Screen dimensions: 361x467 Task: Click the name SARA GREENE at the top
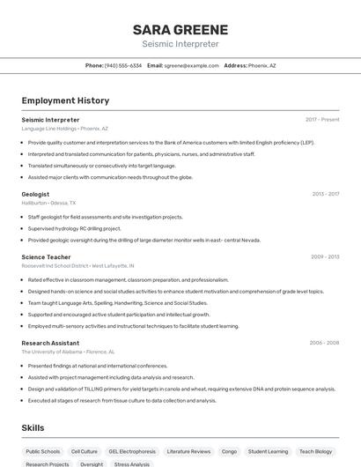pyautogui.click(x=180, y=29)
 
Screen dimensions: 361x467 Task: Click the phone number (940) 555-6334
pyautogui.click(x=122, y=65)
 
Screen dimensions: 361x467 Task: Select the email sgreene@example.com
pyautogui.click(x=190, y=65)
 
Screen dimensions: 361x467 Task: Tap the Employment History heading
pyautogui.click(x=65, y=100)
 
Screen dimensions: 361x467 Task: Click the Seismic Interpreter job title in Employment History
pyautogui.click(x=50, y=119)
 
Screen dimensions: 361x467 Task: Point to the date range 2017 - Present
pyautogui.click(x=322, y=119)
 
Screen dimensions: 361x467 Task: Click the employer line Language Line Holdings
pyautogui.click(x=48, y=128)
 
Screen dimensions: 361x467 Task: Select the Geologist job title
pyautogui.click(x=35, y=194)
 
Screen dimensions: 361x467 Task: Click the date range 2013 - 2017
pyautogui.click(x=325, y=194)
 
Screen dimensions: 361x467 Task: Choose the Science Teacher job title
pyautogui.click(x=46, y=256)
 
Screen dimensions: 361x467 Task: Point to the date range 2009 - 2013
pyautogui.click(x=325, y=256)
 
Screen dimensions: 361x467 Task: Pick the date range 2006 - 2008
pyautogui.click(x=324, y=342)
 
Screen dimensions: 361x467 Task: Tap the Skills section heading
pyautogui.click(x=33, y=427)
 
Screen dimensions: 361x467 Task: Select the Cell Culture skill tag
pyautogui.click(x=85, y=451)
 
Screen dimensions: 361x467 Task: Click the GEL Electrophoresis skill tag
pyautogui.click(x=132, y=451)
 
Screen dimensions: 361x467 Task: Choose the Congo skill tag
pyautogui.click(x=229, y=451)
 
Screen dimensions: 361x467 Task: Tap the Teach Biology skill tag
pyautogui.click(x=314, y=451)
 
